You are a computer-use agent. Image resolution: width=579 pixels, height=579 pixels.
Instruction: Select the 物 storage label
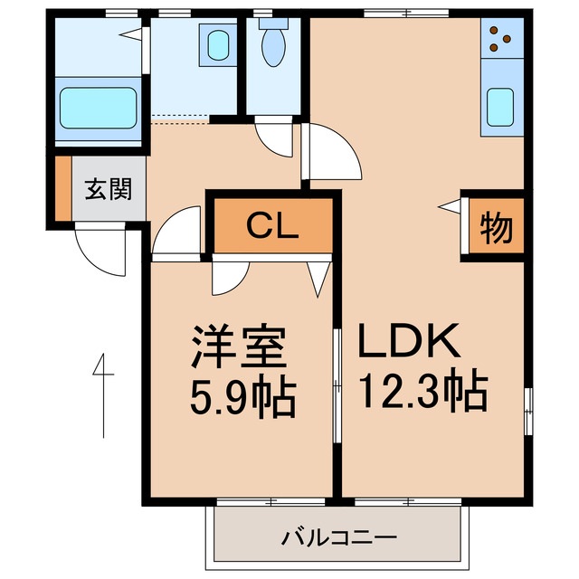495,228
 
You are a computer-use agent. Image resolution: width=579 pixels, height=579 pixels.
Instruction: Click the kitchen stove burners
498,38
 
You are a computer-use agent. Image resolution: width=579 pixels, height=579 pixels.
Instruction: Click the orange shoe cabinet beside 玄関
62,189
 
